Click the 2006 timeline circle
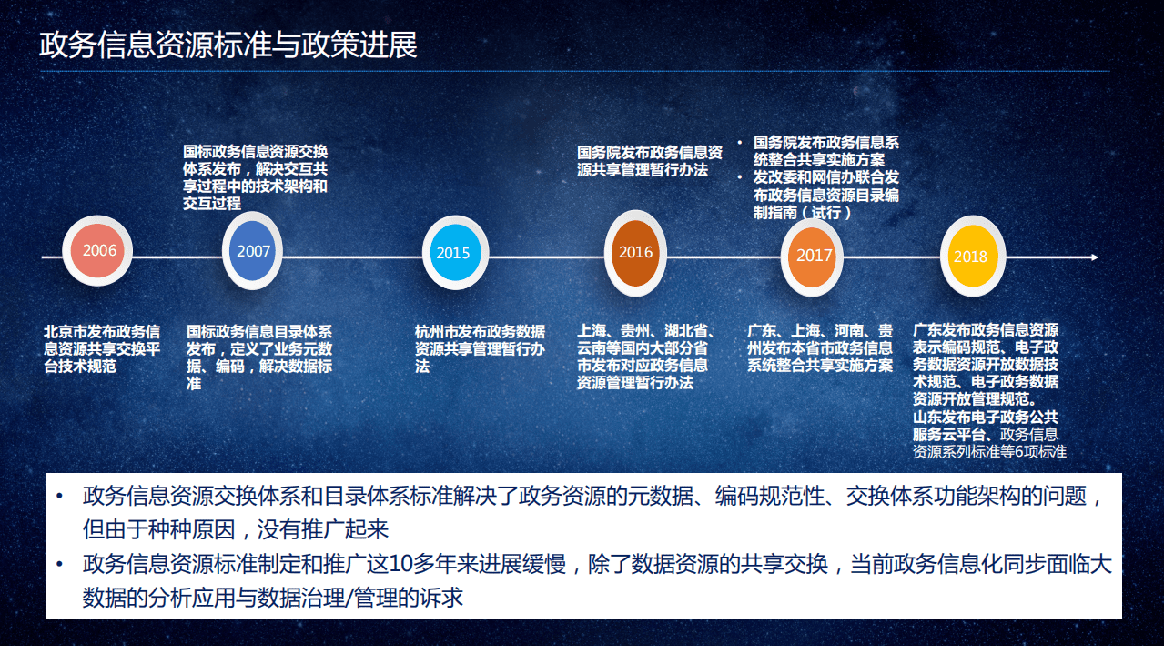coord(99,250)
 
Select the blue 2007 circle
coord(254,251)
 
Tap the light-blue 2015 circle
coord(453,253)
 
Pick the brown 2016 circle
coord(636,253)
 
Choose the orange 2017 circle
coord(815,256)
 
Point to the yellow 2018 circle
coord(970,257)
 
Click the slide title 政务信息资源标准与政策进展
coord(228,45)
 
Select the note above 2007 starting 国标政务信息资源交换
coord(255,177)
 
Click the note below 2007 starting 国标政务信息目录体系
coord(259,357)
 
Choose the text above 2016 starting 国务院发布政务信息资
coord(649,161)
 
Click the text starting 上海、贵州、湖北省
coord(646,357)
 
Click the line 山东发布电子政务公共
coord(986,418)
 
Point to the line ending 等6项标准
coord(989,452)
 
